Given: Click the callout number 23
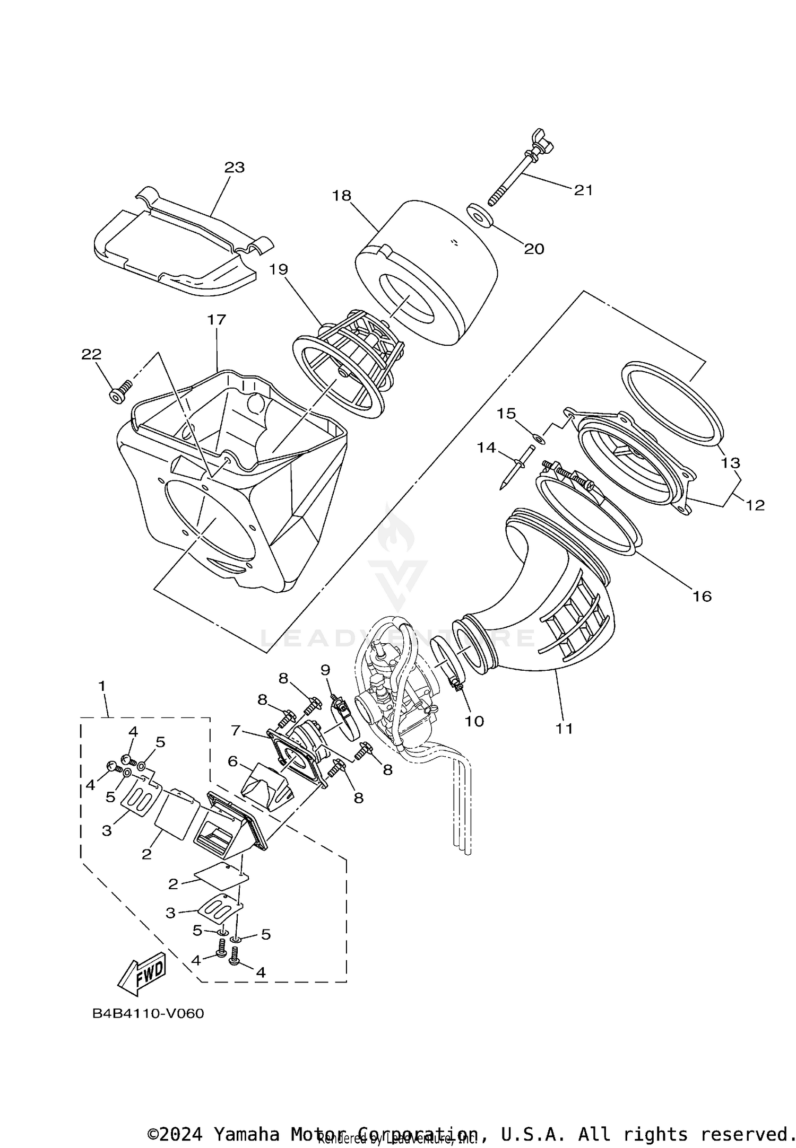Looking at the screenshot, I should click(234, 168).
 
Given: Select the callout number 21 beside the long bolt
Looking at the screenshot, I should click(583, 190).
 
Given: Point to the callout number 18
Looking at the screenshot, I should click(342, 196).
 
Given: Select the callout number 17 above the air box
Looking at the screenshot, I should click(217, 320).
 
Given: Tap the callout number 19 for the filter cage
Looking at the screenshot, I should click(278, 269).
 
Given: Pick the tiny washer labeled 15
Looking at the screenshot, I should click(538, 438).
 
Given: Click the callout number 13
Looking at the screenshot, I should click(730, 463).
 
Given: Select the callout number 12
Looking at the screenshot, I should click(755, 505).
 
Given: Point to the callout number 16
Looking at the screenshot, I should click(702, 597).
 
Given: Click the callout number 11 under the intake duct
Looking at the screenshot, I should click(565, 729).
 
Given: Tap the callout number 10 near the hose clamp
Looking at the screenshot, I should click(474, 721).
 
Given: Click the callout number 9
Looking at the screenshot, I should click(325, 670).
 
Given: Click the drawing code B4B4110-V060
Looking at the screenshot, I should click(148, 1013).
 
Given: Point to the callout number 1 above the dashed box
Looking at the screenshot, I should click(102, 686).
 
